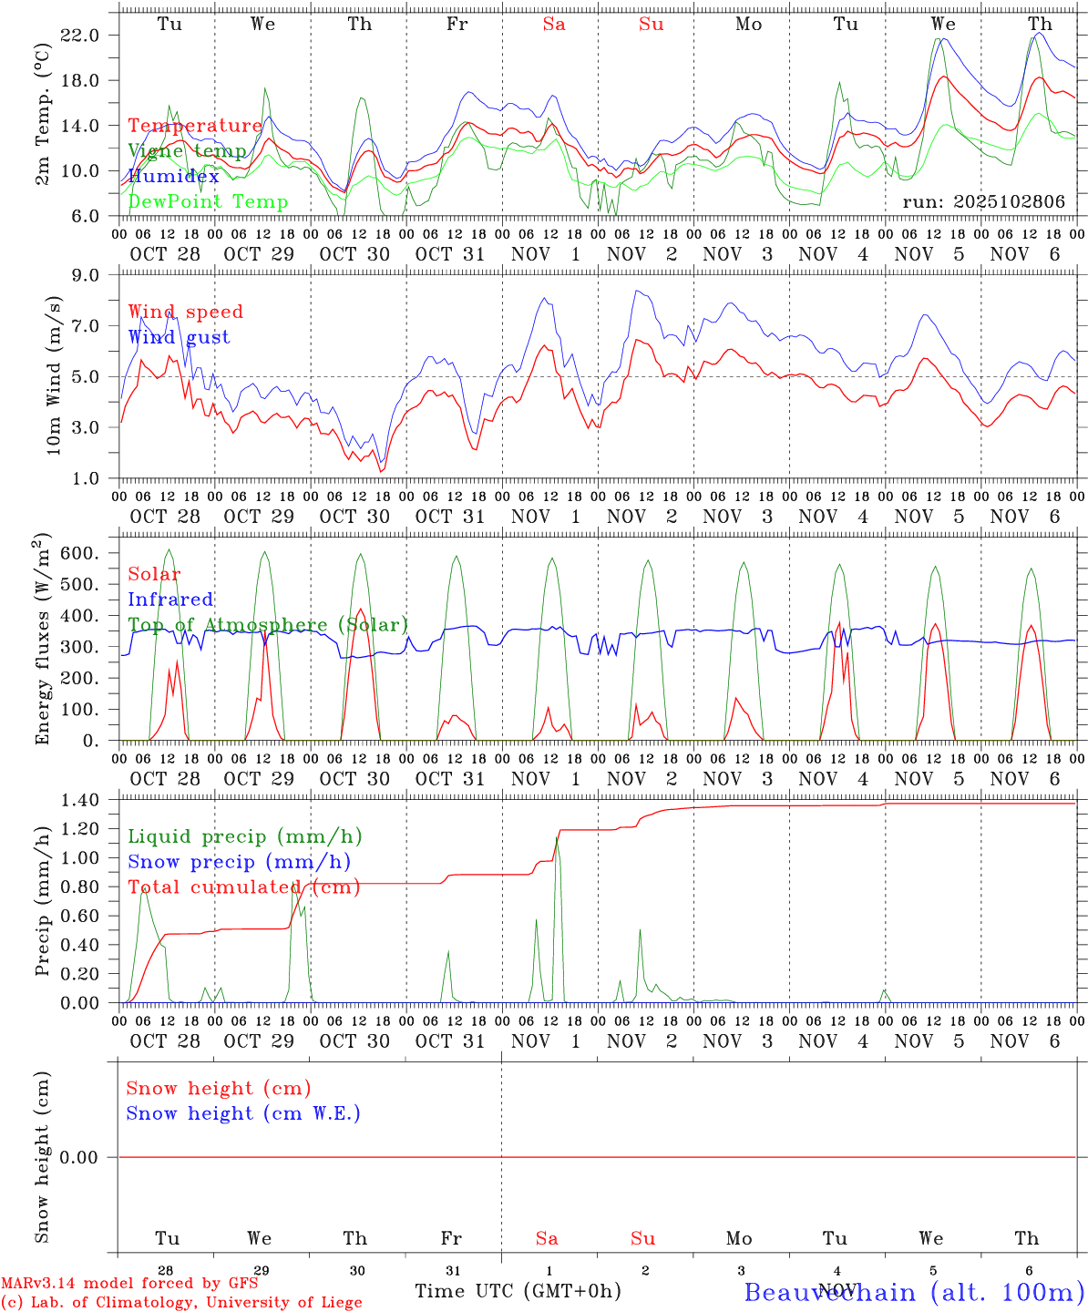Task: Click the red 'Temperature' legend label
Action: pos(194,126)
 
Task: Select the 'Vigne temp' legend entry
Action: pos(187,150)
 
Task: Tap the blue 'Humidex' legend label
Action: pos(173,176)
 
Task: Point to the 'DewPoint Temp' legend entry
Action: pos(208,201)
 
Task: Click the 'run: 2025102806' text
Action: pos(983,201)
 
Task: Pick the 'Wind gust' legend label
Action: pos(179,337)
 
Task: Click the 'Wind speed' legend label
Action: pos(185,312)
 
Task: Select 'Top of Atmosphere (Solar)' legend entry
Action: pos(268,625)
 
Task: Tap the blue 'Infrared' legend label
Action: pos(170,600)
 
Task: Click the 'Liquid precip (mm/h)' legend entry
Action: pos(244,836)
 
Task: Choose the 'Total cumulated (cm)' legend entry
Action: pos(243,887)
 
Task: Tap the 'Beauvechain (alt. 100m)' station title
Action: pos(914,1292)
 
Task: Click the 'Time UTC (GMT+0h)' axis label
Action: pos(518,1291)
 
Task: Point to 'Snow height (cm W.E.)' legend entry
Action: pos(243,1113)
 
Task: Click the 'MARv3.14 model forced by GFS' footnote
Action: pos(129,1283)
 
